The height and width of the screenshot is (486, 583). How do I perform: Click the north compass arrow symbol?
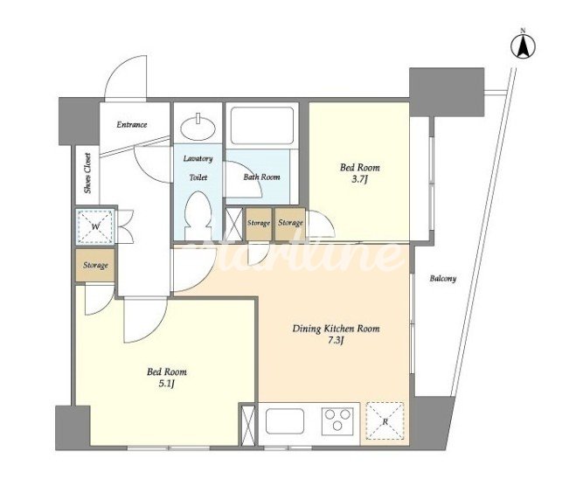pos(523,47)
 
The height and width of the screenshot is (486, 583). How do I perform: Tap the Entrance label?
pos(132,125)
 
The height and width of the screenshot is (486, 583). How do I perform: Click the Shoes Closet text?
pos(87,173)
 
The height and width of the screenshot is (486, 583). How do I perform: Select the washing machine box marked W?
pos(95,226)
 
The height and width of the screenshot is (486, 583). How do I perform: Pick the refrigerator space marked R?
pos(385,421)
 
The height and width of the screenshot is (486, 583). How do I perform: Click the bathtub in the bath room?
pos(261,126)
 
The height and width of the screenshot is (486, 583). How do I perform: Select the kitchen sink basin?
pos(286,421)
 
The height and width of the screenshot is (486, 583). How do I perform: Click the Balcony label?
pos(443,278)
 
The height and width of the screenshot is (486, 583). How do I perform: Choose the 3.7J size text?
pos(360,181)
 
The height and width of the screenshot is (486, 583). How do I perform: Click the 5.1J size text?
pos(167,384)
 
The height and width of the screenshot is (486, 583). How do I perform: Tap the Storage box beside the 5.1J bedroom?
pos(95,265)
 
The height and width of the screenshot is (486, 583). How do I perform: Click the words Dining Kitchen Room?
pos(336,329)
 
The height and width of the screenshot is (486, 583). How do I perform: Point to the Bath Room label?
pos(261,177)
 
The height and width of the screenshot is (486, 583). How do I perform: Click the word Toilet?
pos(198,177)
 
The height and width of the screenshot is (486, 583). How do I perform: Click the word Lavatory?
pos(198,159)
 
